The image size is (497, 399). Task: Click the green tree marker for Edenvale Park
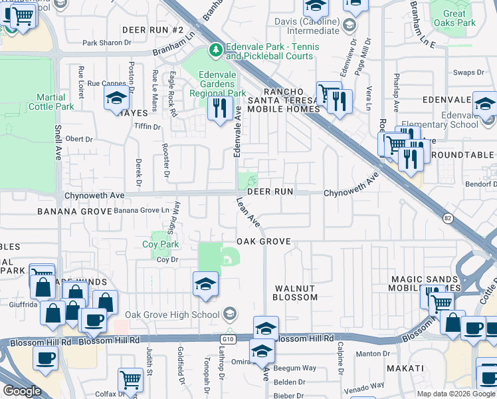click(215, 49)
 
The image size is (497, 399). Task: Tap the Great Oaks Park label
click(454, 18)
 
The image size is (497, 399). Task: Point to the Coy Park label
click(160, 245)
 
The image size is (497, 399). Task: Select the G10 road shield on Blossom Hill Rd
click(229, 338)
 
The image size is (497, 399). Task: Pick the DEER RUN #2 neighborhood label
click(152, 31)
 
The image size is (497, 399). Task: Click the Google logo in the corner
click(21, 391)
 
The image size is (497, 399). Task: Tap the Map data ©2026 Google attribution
click(456, 394)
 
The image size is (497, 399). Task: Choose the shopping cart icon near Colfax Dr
click(130, 380)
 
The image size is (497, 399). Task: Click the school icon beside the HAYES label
click(116, 99)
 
